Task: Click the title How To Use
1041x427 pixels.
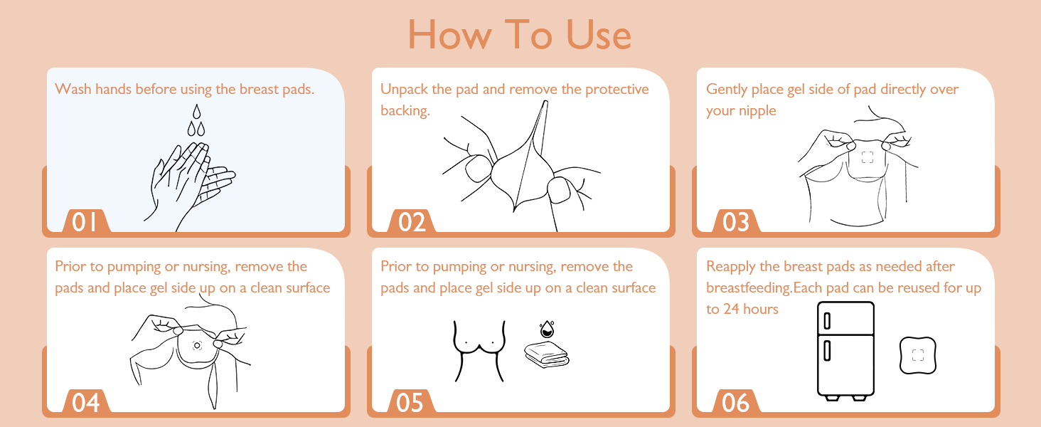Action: coord(520,34)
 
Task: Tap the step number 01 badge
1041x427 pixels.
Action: coord(85,222)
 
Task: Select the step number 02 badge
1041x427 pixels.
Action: coord(412,222)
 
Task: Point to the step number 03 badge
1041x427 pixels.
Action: coord(736,222)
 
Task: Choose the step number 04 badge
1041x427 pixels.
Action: coord(85,402)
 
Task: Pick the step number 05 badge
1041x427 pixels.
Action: coord(410,402)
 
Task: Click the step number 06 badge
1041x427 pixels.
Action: coord(736,402)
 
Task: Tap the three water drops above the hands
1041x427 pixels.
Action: coord(196,120)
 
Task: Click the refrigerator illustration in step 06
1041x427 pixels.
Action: coord(845,349)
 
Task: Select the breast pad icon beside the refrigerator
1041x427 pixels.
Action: coord(917,354)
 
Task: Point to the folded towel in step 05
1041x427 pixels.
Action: coord(546,354)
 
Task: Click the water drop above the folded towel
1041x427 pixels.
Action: coord(546,330)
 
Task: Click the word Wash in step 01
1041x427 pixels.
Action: coord(72,89)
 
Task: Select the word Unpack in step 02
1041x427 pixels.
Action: coord(404,89)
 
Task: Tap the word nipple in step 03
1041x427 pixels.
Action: coord(758,110)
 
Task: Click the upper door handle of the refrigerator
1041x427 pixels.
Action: coord(827,321)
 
